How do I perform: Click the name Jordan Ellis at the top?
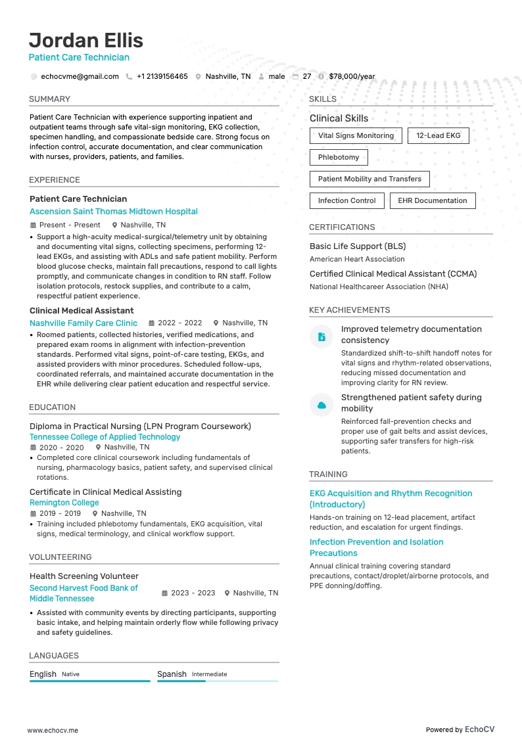pos(86,40)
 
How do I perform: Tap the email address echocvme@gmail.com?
pos(80,76)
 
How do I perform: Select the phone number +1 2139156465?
pos(162,76)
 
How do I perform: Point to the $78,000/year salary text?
pos(352,76)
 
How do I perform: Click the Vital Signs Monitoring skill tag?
pos(356,136)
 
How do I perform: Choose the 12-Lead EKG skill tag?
pos(439,136)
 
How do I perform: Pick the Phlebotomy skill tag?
pos(339,158)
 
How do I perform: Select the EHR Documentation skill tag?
pos(433,201)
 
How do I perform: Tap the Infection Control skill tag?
pos(346,201)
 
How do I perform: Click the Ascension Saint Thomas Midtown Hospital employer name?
pos(114,212)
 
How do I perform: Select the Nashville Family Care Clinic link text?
pos(83,323)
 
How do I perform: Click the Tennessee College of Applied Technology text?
pos(105,437)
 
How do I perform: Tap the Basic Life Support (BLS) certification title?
pos(358,246)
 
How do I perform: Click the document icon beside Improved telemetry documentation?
pos(321,336)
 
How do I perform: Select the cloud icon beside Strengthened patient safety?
pos(321,405)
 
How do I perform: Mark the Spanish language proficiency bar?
pos(217,681)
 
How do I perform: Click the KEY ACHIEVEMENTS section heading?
pos(349,310)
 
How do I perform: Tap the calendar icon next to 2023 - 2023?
pos(165,593)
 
